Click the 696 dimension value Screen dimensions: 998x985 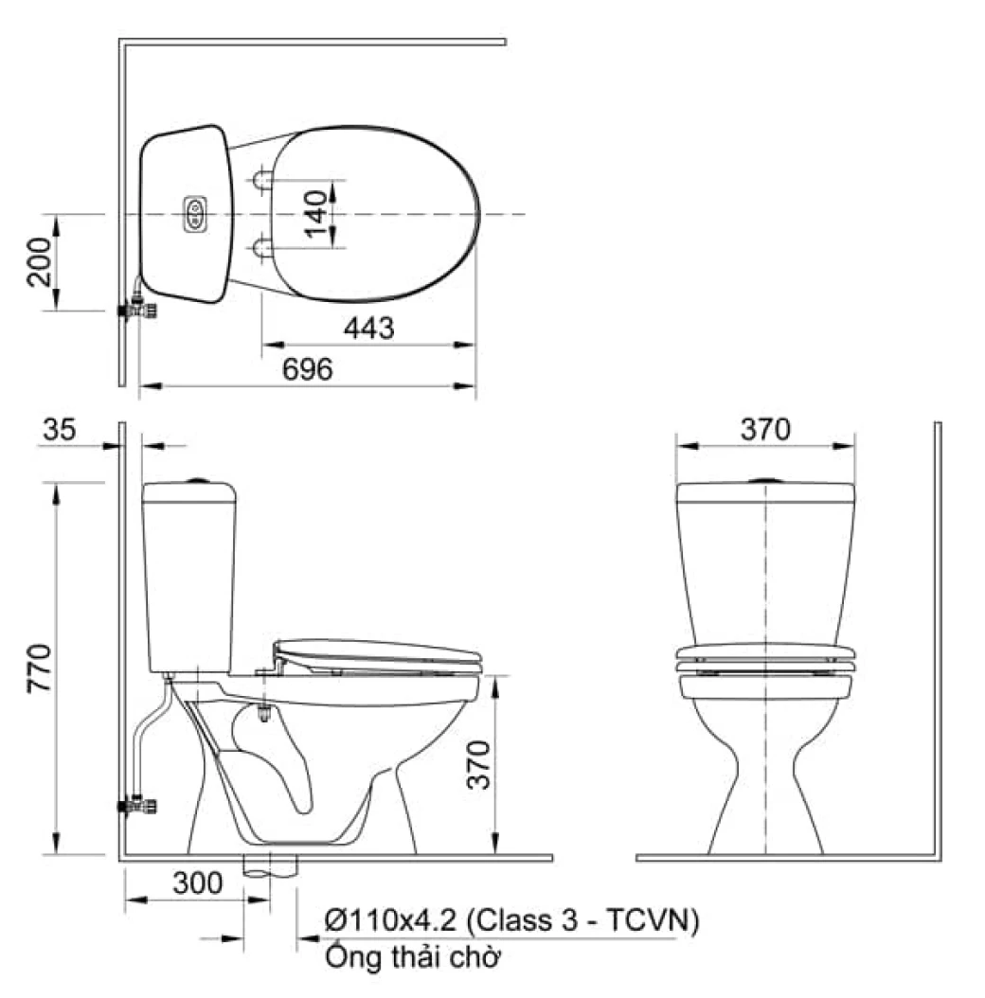307,369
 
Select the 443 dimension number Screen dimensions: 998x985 367,329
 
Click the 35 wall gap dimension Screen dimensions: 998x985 60,431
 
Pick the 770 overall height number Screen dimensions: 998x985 39,668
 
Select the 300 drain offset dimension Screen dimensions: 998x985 197,883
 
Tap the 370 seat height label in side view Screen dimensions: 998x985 480,768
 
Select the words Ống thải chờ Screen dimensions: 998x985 412,957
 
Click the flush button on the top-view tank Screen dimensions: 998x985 195,213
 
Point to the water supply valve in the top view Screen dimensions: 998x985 138,309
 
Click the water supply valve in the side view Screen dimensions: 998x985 138,807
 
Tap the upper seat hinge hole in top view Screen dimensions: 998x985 262,179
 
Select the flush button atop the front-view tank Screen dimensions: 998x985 763,480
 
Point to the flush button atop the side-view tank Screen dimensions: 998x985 198,480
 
